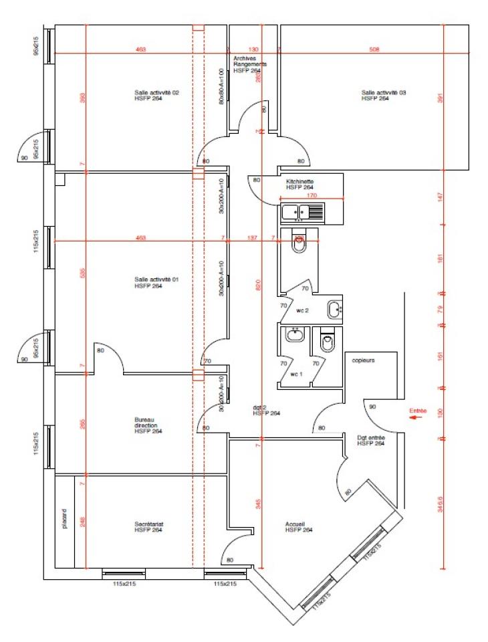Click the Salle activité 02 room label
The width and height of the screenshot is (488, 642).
click(148, 95)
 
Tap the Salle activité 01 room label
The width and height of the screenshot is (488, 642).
click(148, 282)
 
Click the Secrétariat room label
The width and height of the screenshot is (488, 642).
click(148, 527)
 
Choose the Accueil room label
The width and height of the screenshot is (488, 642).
click(295, 527)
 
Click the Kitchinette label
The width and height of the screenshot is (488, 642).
click(299, 185)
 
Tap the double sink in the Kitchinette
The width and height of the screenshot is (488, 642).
click(302, 213)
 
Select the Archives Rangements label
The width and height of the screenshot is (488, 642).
click(250, 64)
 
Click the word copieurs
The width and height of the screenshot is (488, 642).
click(364, 360)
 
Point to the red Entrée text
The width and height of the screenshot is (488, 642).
click(418, 410)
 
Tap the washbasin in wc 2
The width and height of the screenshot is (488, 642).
click(334, 310)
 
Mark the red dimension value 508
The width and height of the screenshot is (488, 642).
click(374, 49)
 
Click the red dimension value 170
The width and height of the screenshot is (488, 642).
click(312, 196)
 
